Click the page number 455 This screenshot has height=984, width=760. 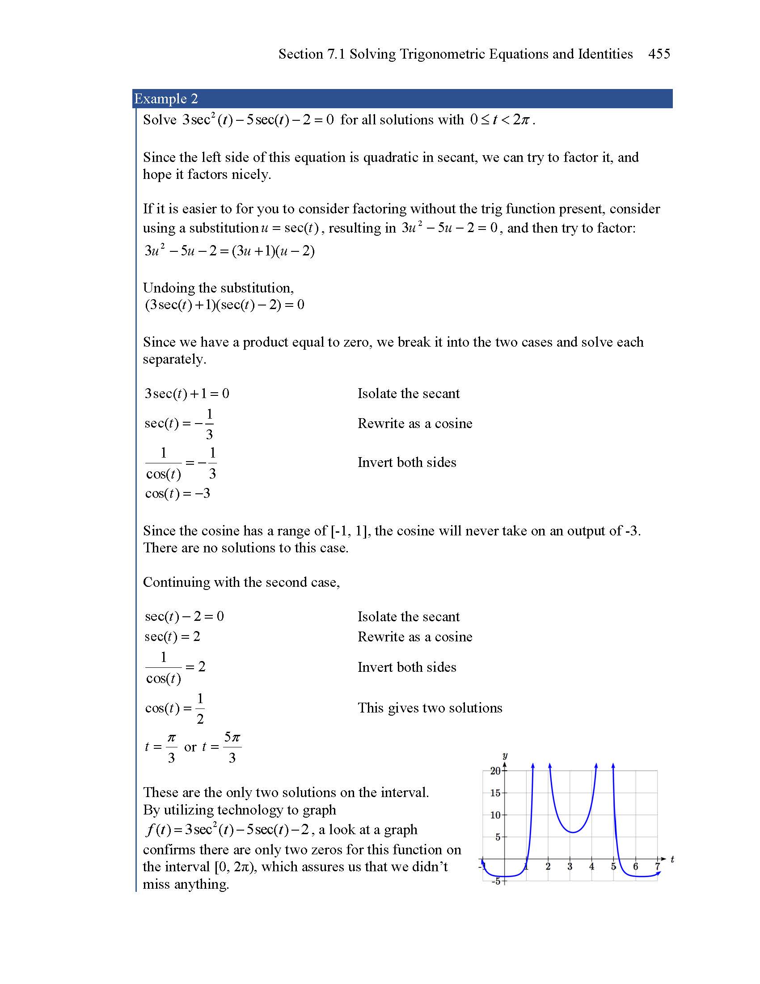pos(659,54)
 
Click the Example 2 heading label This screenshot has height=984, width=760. pos(166,99)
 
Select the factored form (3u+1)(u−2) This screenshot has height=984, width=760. pos(273,251)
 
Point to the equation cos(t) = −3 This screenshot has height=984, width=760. pos(177,493)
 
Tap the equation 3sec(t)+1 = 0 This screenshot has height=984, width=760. pos(186,394)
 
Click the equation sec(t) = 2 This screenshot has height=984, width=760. pos(173,636)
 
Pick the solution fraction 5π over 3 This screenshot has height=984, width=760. pos(232,747)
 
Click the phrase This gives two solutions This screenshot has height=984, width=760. pos(430,708)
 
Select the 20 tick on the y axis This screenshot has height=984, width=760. pos(495,771)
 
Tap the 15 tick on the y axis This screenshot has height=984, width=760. pos(495,793)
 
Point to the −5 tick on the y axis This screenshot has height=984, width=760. pos(496,881)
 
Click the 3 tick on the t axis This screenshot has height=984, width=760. pos(570,866)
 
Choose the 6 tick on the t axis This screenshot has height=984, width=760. pos(635,866)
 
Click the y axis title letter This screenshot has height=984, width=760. pos(505,755)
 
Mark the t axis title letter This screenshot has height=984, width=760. pos(672,859)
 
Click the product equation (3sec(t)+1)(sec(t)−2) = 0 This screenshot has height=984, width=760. pos(224,305)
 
